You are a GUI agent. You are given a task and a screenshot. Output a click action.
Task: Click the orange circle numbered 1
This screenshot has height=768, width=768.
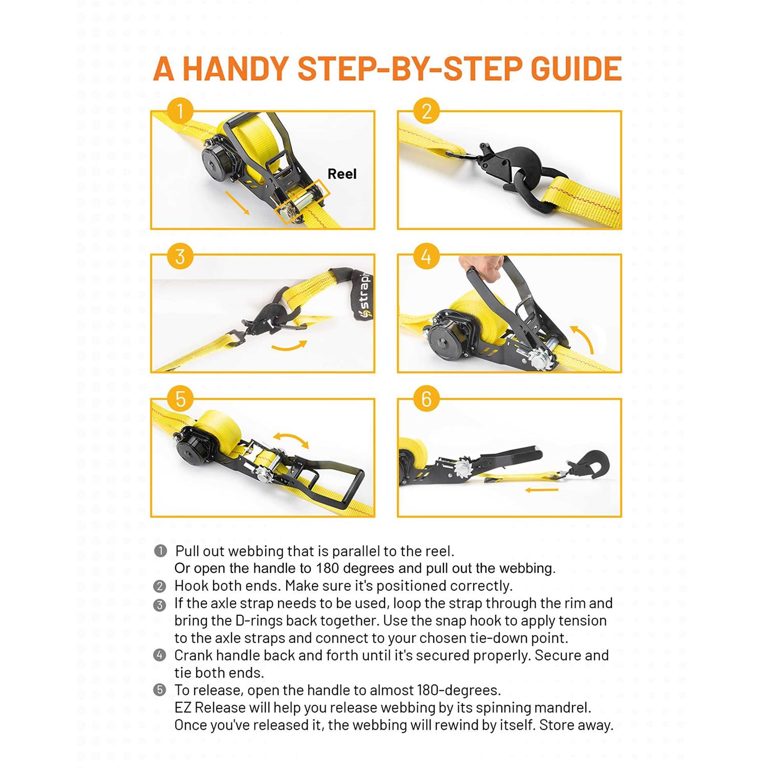pos(180,111)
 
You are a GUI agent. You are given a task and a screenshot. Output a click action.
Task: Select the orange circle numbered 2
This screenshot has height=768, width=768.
pos(426,111)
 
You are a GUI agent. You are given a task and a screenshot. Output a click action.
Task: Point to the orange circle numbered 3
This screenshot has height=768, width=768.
pos(180,255)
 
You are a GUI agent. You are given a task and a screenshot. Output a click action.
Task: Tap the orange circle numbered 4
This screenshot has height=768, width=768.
pos(426,255)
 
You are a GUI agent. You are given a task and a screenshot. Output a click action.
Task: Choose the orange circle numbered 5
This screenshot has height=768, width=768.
pos(180,399)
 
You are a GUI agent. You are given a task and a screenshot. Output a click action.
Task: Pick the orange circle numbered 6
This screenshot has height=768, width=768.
pos(426,399)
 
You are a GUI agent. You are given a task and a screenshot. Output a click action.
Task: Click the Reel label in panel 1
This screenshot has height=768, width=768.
pos(342,174)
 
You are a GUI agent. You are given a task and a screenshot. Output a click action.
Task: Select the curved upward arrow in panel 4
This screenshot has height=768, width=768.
pos(583,338)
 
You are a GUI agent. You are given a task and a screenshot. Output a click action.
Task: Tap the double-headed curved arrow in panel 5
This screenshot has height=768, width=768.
pos(290,439)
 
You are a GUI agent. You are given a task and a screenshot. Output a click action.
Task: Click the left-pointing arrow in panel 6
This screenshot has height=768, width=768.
pos(541,490)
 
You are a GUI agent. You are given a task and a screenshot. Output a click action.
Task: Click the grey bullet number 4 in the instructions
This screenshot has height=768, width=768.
pos(160,655)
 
